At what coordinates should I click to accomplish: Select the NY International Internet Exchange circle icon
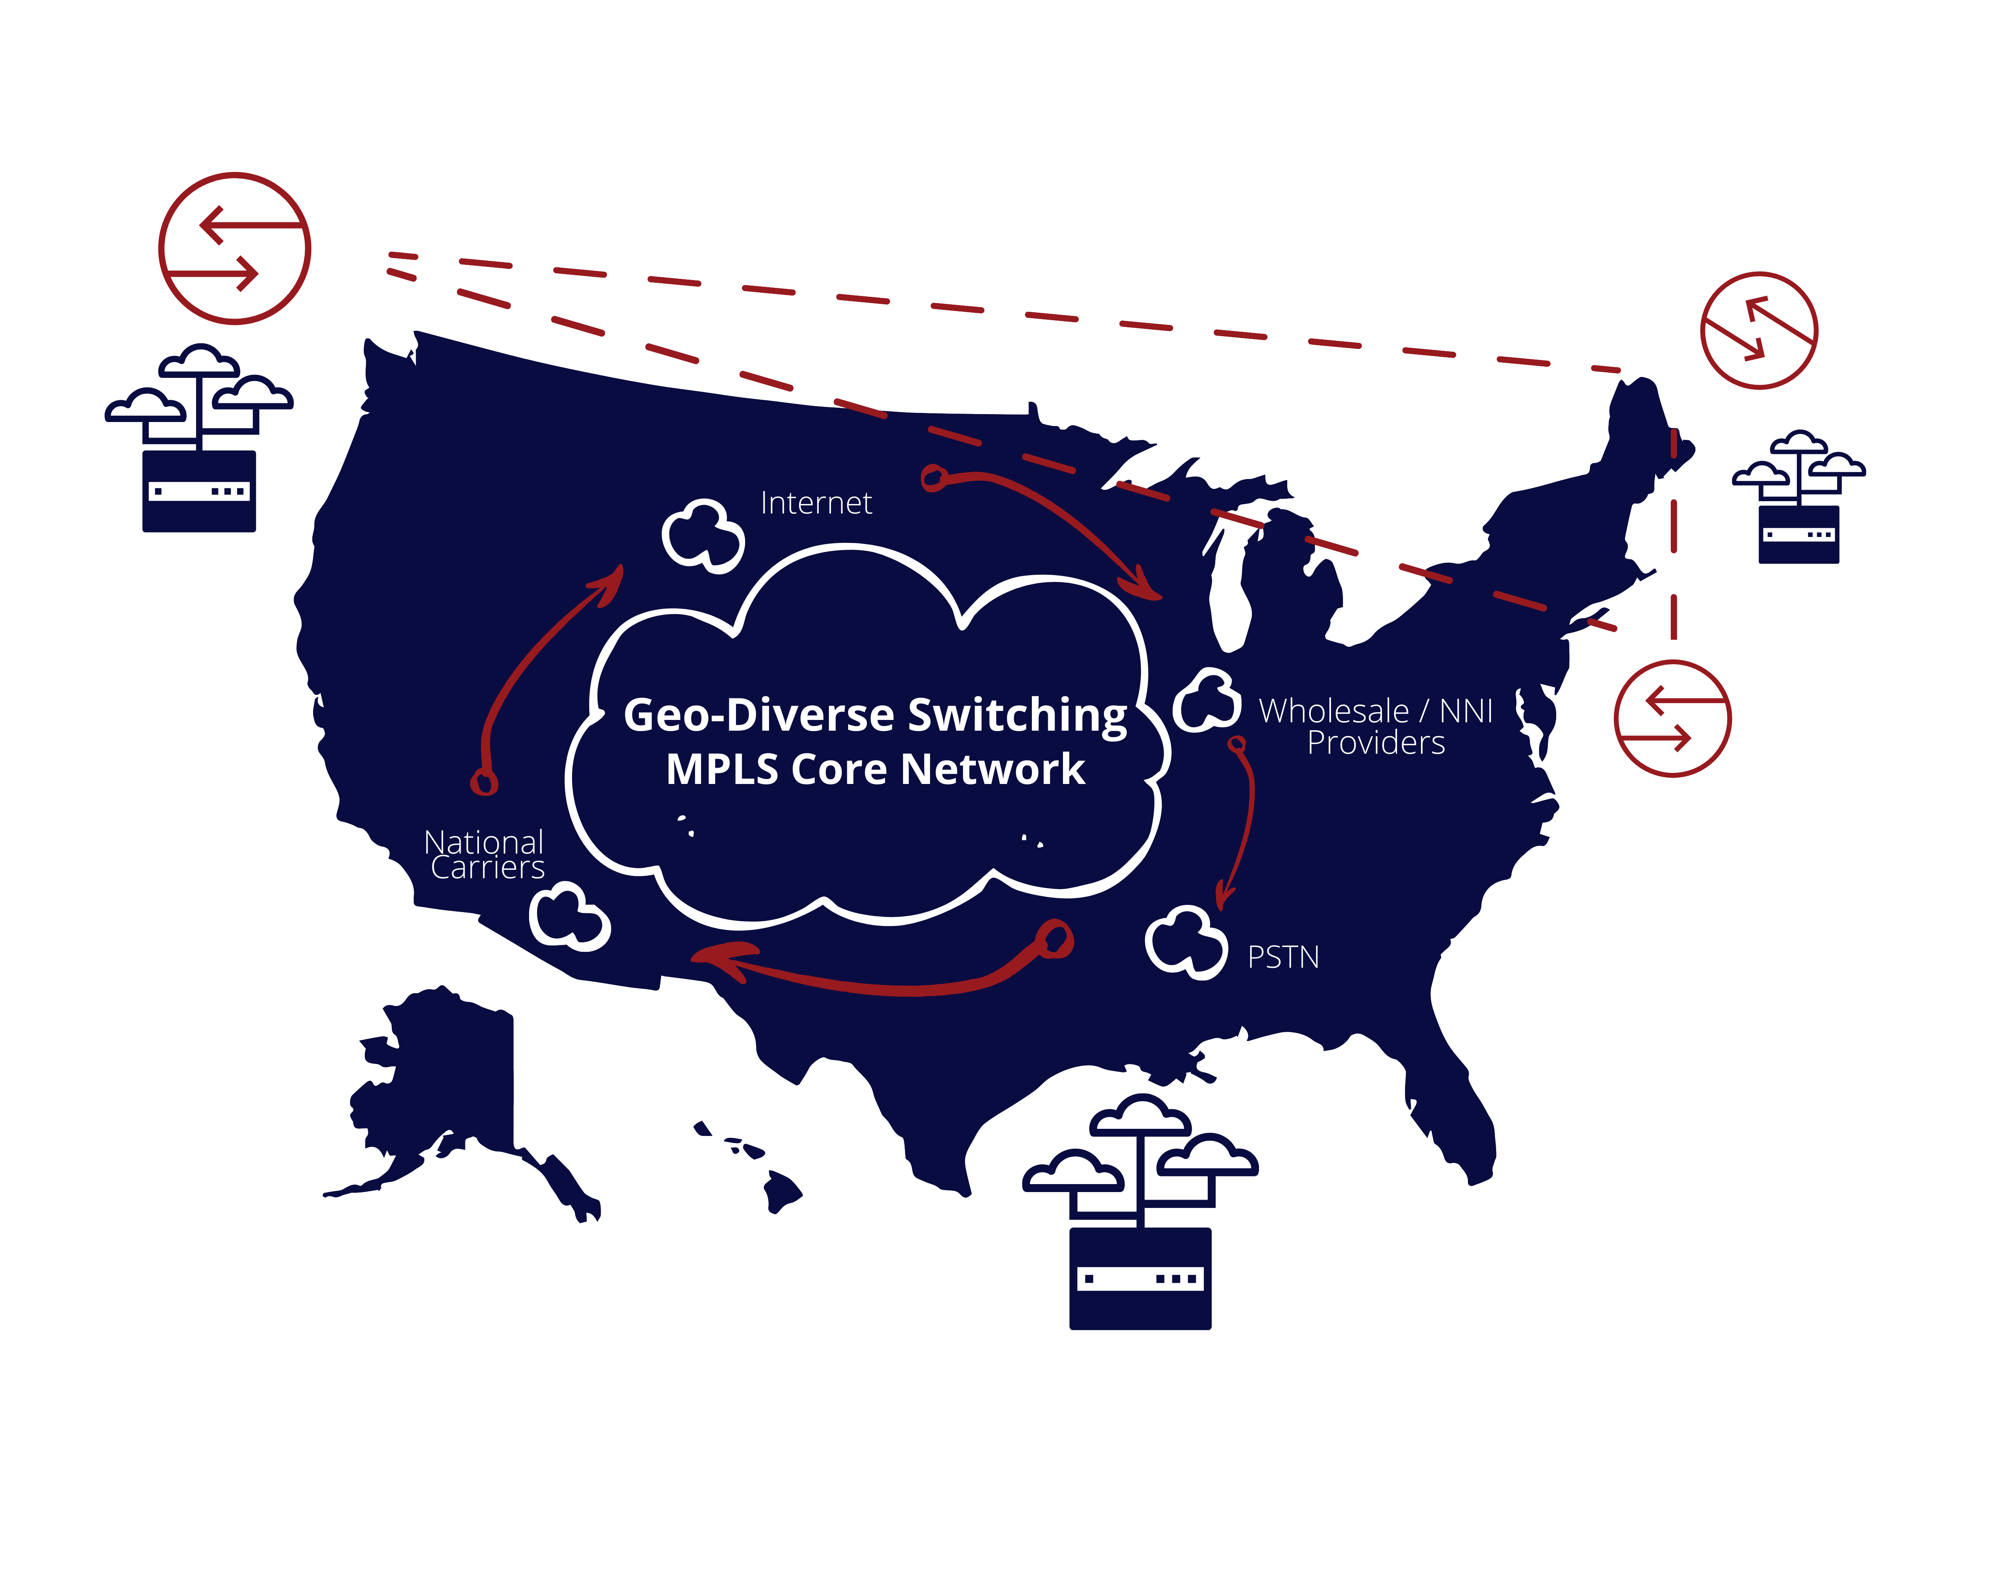(1673, 718)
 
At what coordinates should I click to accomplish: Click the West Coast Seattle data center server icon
(199, 490)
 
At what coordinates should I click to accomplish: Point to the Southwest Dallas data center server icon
(1140, 1278)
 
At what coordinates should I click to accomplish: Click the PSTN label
(1283, 957)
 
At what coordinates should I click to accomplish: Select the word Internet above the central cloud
(815, 504)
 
